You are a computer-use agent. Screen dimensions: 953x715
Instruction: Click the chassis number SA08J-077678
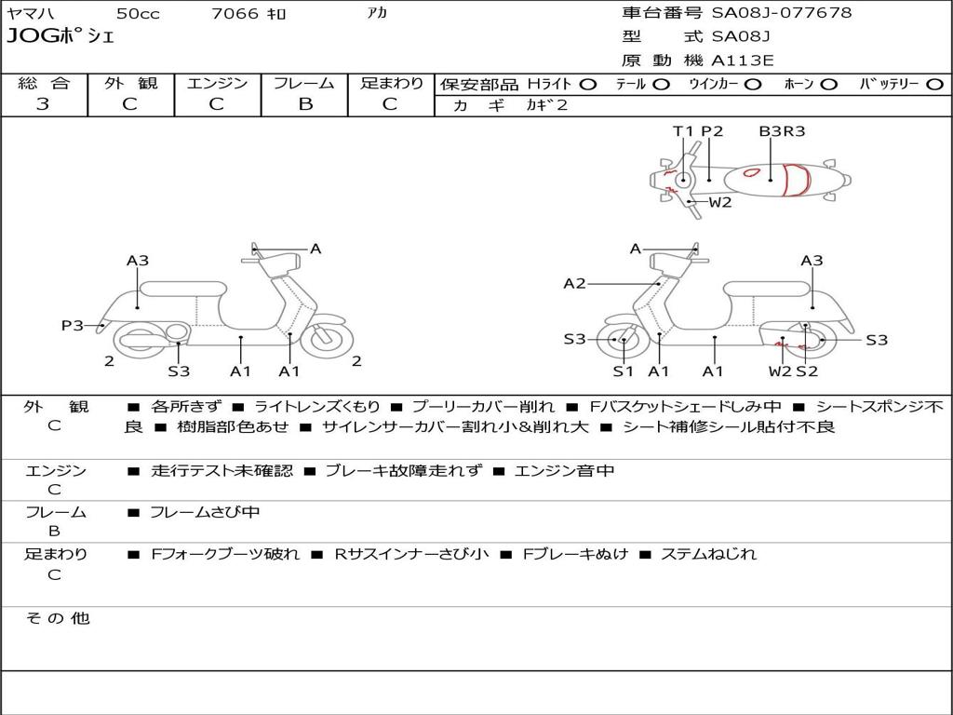click(782, 13)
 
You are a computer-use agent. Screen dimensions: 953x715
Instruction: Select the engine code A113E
click(742, 61)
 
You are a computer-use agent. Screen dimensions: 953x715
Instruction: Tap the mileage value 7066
click(235, 14)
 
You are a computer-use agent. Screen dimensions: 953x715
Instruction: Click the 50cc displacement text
click(138, 14)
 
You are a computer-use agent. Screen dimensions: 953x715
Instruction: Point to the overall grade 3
click(43, 104)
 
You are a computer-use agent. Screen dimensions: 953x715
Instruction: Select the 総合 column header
click(43, 83)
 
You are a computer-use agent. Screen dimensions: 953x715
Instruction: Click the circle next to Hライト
click(588, 84)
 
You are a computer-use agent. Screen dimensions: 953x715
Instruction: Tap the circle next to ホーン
click(829, 84)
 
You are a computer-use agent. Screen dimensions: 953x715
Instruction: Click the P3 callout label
click(73, 325)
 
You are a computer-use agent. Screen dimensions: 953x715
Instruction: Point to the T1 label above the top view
click(684, 131)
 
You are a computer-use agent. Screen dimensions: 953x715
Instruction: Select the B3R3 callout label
click(782, 131)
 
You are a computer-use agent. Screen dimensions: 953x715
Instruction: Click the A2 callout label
click(575, 284)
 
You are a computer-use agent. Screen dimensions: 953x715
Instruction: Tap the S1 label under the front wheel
click(623, 371)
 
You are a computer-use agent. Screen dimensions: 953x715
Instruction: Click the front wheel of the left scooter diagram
click(327, 340)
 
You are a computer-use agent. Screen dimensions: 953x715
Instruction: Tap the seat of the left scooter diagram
click(181, 288)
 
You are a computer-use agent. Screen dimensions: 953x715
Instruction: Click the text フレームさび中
click(205, 512)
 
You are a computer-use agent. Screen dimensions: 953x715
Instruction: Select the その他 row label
click(57, 618)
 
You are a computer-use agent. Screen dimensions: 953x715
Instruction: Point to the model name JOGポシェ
click(60, 37)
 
